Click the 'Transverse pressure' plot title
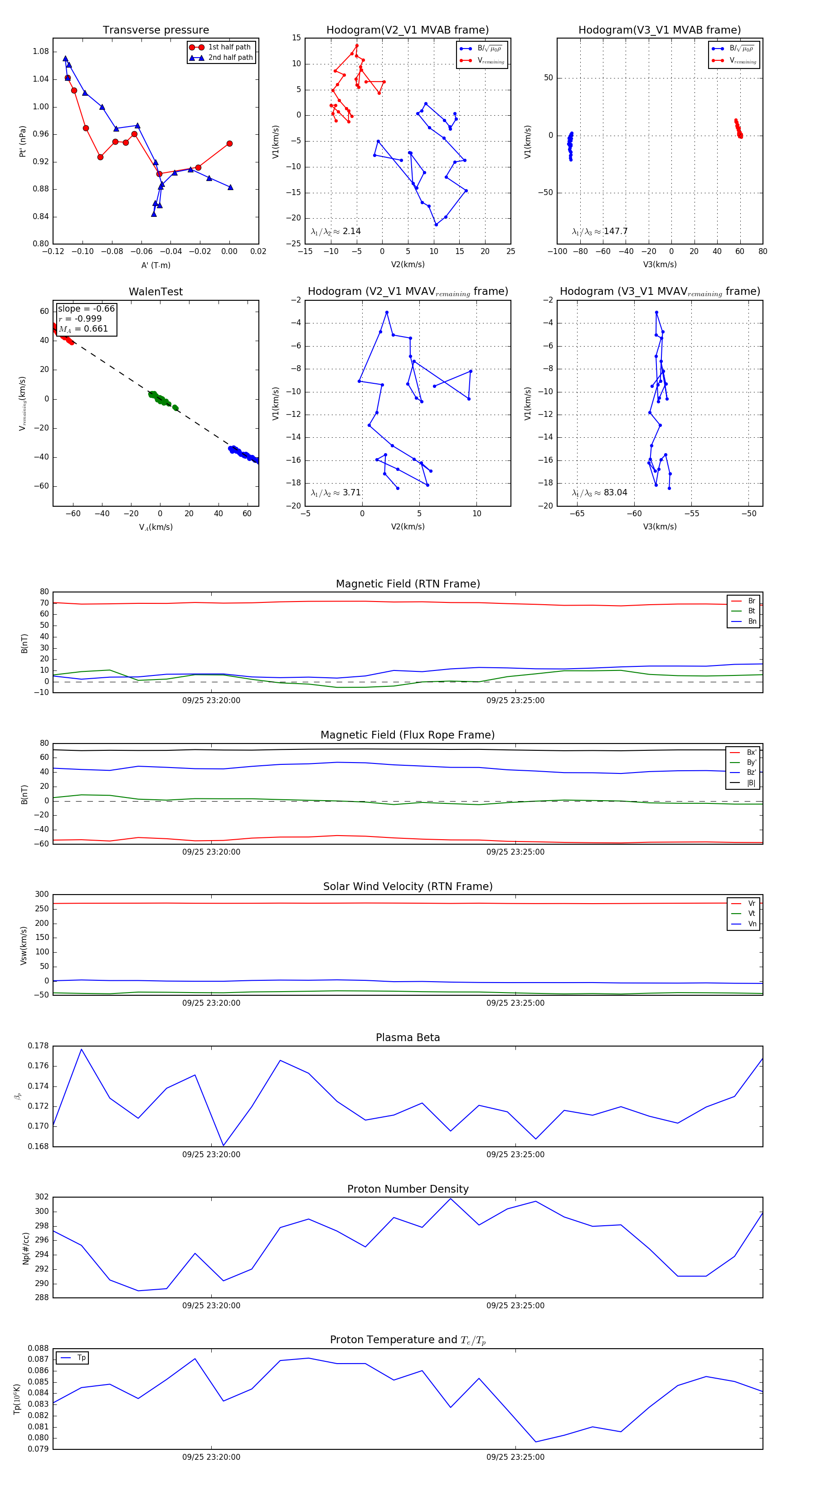pos(155,30)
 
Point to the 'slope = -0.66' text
pos(86,308)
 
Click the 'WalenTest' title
pos(155,292)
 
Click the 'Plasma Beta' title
pos(408,1038)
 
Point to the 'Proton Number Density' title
pos(408,1189)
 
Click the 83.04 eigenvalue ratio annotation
pos(600,493)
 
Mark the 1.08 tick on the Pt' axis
pos(41,52)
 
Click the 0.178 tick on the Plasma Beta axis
pos(39,1046)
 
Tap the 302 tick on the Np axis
pos(42,1197)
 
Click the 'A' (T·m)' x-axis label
pos(155,265)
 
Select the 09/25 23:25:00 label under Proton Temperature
pos(515,1457)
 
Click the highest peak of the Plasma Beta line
pos(81,1049)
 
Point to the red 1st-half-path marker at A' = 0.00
pos(229,143)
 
